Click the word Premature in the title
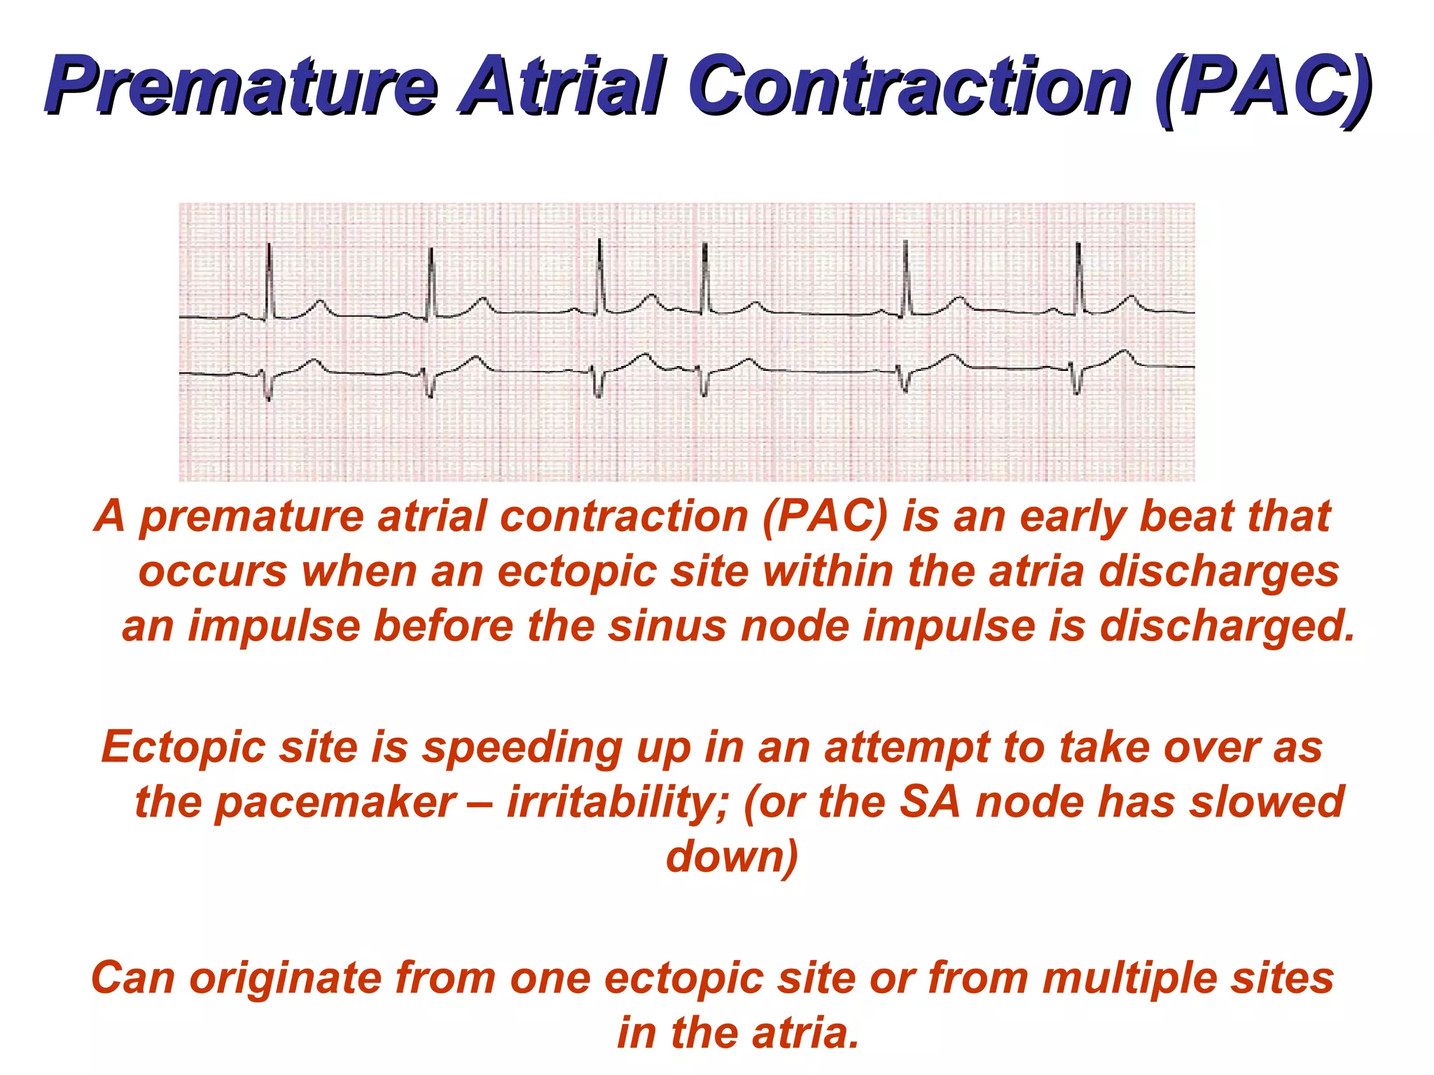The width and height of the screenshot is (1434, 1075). (x=242, y=87)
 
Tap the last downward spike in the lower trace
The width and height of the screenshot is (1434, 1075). (x=1077, y=381)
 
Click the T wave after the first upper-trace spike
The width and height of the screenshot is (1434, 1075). (x=320, y=305)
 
